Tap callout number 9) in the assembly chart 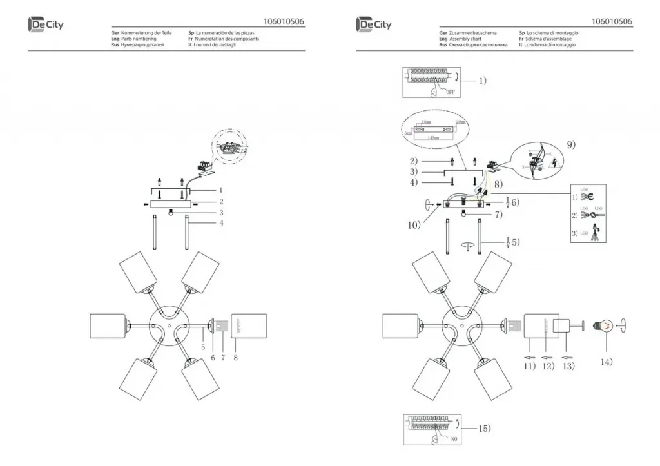click(x=571, y=144)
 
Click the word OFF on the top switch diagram click(x=450, y=92)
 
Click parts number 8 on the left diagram click(x=236, y=356)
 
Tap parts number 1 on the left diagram click(x=220, y=190)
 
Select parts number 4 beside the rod click(x=220, y=223)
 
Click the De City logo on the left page click(x=46, y=24)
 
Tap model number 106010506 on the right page click(x=611, y=21)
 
